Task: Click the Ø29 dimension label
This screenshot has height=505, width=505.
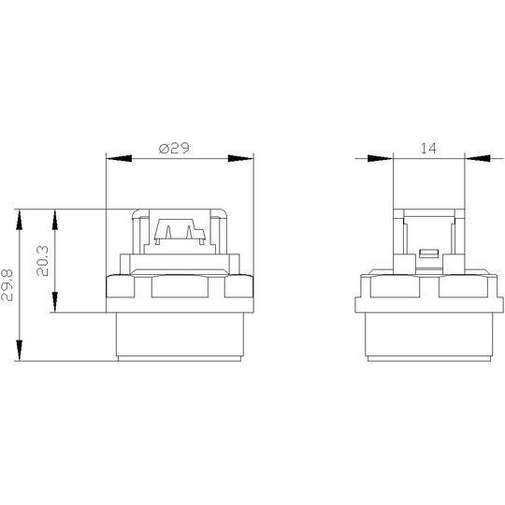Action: tap(174, 148)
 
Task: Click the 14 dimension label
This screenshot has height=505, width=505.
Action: tap(428, 148)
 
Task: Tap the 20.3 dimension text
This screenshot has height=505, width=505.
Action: tap(42, 261)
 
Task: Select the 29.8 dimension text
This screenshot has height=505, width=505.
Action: tap(7, 285)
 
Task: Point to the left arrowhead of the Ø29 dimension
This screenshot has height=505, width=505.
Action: tap(119, 158)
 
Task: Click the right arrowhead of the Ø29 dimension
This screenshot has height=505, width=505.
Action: tap(240, 158)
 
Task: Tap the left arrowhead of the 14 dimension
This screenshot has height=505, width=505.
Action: tap(381, 158)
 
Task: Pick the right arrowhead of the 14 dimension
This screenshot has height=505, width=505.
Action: tap(478, 158)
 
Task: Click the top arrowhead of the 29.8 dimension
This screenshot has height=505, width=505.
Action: tap(20, 220)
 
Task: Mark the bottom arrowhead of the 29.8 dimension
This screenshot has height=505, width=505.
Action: tap(20, 350)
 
